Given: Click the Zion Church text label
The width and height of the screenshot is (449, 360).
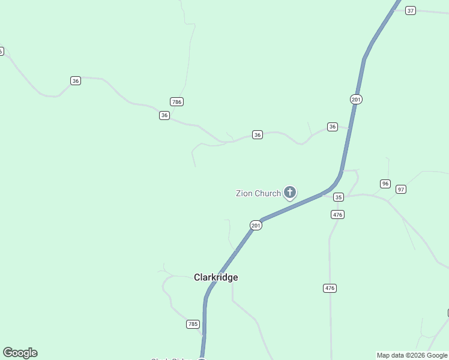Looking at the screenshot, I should click(x=258, y=193).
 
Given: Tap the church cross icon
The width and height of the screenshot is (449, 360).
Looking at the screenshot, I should click(x=290, y=193).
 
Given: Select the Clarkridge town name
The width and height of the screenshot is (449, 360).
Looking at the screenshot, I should click(x=216, y=277).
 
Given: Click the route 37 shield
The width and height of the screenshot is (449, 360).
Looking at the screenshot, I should click(x=411, y=11).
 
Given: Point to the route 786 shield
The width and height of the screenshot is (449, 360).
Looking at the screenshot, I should click(x=176, y=102).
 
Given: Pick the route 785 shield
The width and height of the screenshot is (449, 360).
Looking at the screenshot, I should click(x=193, y=324).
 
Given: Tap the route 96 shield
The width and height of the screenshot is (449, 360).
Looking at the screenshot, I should click(x=385, y=184).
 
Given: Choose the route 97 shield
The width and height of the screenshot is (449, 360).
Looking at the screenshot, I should click(x=401, y=189).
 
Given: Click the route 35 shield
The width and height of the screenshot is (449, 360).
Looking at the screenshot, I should click(x=339, y=197).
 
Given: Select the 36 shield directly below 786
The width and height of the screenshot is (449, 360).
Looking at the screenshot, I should click(x=164, y=115).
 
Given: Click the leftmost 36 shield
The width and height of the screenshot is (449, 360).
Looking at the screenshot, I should click(x=76, y=80).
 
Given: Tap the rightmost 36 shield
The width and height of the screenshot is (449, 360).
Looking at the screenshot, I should click(x=333, y=127).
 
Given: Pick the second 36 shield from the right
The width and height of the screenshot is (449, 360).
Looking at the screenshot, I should click(x=258, y=135).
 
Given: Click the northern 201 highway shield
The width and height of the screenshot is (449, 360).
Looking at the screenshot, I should click(x=357, y=99).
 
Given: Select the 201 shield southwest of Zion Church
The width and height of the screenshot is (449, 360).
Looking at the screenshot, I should click(x=256, y=225).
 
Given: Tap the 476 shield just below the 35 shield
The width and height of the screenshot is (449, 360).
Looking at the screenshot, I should click(x=337, y=214).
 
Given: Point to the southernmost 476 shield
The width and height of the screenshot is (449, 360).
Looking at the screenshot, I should click(x=330, y=288).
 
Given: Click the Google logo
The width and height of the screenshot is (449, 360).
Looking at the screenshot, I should click(x=20, y=353).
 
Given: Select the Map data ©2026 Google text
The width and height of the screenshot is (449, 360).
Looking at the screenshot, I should click(x=412, y=355).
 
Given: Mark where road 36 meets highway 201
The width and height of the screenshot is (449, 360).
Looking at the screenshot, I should click(x=349, y=128).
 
